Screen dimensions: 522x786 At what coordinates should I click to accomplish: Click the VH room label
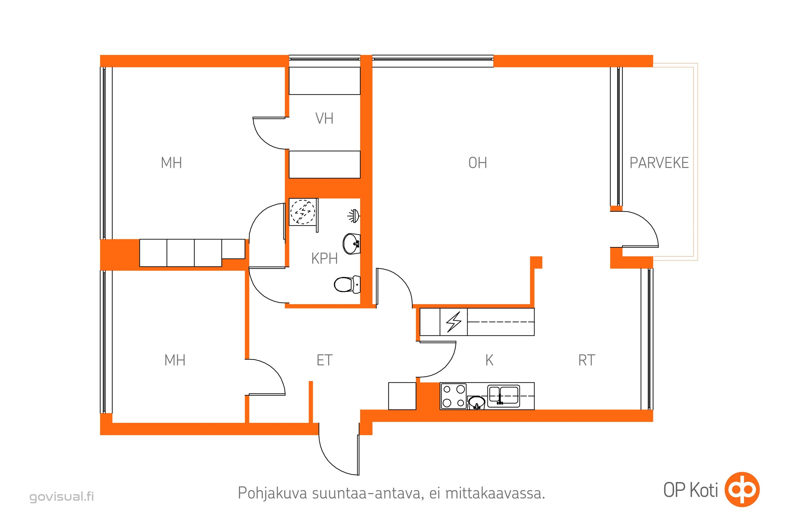pyautogui.click(x=324, y=118)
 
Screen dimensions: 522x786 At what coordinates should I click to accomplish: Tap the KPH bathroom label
pyautogui.click(x=324, y=259)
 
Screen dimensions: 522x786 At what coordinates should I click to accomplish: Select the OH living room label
pyautogui.click(x=477, y=163)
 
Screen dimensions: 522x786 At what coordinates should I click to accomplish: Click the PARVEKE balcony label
pyautogui.click(x=659, y=163)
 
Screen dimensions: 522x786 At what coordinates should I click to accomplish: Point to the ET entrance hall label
pyautogui.click(x=324, y=361)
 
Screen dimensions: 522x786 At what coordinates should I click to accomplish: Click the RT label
pyautogui.click(x=586, y=361)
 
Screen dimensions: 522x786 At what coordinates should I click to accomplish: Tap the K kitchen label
pyautogui.click(x=489, y=361)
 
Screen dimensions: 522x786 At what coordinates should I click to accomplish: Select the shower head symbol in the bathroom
pyautogui.click(x=353, y=216)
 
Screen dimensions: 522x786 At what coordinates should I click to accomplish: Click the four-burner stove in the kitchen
pyautogui.click(x=453, y=396)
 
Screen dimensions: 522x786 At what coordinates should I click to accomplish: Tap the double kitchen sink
pyautogui.click(x=503, y=396)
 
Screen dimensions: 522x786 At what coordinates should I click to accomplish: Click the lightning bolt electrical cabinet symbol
pyautogui.click(x=454, y=322)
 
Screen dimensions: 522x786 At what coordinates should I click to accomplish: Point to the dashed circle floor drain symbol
pyautogui.click(x=302, y=212)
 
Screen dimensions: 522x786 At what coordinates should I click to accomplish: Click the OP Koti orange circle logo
pyautogui.click(x=742, y=489)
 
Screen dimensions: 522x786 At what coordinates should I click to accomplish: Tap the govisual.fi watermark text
pyautogui.click(x=62, y=496)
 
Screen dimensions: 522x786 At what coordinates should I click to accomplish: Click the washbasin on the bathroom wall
pyautogui.click(x=351, y=244)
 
